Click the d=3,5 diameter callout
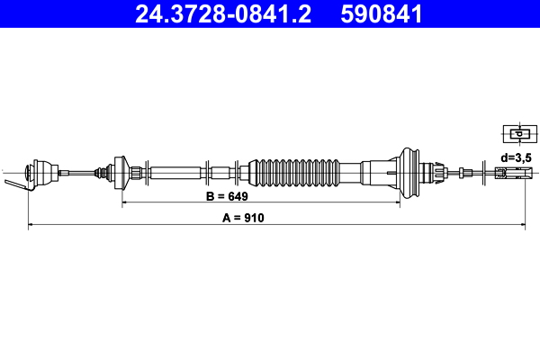[516, 157]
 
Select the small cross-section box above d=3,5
[516, 134]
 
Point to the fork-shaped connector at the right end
[512, 172]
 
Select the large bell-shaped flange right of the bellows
[409, 171]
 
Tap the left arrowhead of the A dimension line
[31, 226]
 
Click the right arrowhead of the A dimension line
[522, 226]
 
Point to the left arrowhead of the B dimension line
[124, 204]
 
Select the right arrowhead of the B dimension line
[397, 204]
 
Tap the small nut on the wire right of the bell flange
[463, 172]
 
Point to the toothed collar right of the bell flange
[436, 171]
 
